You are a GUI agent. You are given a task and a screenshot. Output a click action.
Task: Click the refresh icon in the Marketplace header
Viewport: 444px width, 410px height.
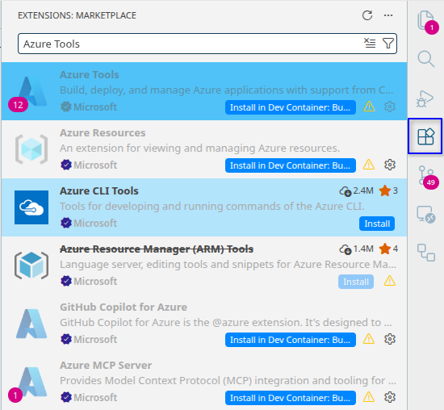pos(367,15)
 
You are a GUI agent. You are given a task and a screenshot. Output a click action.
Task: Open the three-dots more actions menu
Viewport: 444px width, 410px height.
pos(388,15)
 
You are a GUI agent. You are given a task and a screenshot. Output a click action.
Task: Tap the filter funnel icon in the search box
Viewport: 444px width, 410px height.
pos(388,44)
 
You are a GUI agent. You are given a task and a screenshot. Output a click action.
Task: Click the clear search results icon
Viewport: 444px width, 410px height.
pos(370,43)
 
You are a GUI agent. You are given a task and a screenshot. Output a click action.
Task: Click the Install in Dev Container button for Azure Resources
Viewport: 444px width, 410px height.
pos(291,165)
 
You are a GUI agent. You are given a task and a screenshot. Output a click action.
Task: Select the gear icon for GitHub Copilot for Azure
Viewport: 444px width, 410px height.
pos(390,339)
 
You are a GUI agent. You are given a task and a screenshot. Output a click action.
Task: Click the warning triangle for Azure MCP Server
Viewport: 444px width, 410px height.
pos(369,397)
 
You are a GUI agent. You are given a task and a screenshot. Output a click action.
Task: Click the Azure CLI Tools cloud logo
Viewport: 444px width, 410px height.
pos(31,207)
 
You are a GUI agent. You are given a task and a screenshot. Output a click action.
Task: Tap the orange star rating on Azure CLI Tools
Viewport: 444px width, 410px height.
pos(385,190)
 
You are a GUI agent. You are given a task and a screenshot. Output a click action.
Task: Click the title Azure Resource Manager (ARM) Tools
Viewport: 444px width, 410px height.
pos(157,249)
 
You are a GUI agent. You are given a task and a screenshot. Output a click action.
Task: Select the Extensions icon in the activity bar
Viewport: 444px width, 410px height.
pos(425,136)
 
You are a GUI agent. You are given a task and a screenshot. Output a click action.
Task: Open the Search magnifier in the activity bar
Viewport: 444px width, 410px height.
pos(425,59)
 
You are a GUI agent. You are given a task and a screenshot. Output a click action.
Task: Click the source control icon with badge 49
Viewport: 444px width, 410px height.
pos(426,176)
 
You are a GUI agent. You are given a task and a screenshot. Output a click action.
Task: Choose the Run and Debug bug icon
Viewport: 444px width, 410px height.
pos(425,98)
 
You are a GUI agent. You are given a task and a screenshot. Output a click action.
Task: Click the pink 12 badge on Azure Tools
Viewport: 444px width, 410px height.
pos(18,105)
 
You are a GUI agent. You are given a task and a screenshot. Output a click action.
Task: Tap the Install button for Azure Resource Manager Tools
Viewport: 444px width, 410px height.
pos(356,282)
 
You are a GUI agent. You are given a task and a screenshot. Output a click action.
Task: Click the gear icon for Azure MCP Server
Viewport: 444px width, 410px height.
pos(390,397)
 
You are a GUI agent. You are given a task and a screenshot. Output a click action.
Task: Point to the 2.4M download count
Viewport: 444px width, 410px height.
pos(363,190)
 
